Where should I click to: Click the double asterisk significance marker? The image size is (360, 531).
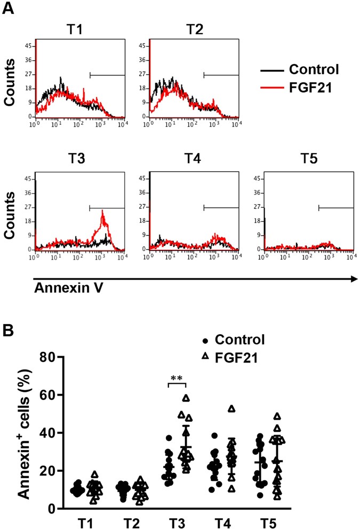coord(176,380)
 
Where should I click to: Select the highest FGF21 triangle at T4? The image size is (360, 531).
coord(231,409)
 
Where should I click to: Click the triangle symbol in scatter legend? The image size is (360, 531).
coord(204,358)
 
